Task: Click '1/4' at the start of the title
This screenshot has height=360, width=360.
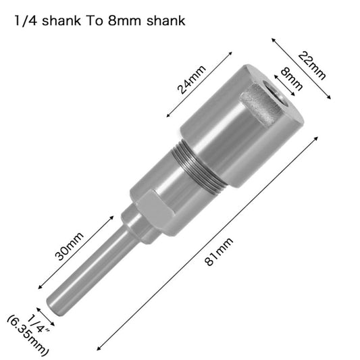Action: coord(25,20)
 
